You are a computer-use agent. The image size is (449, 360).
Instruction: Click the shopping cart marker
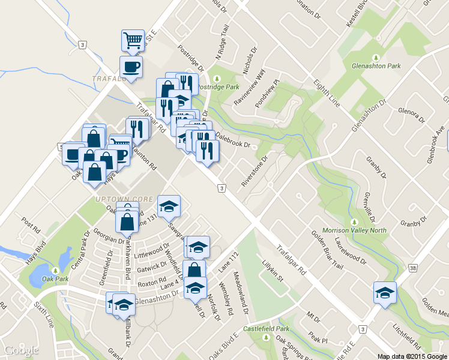[x=133, y=40]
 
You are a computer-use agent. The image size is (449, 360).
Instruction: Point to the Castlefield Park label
[x=266, y=329]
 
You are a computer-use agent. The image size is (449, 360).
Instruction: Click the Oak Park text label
[x=56, y=279]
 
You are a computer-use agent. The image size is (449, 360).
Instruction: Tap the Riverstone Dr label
[x=254, y=170]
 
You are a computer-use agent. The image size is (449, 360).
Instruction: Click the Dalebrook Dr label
[x=235, y=140]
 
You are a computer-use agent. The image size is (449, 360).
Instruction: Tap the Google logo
[x=21, y=350]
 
